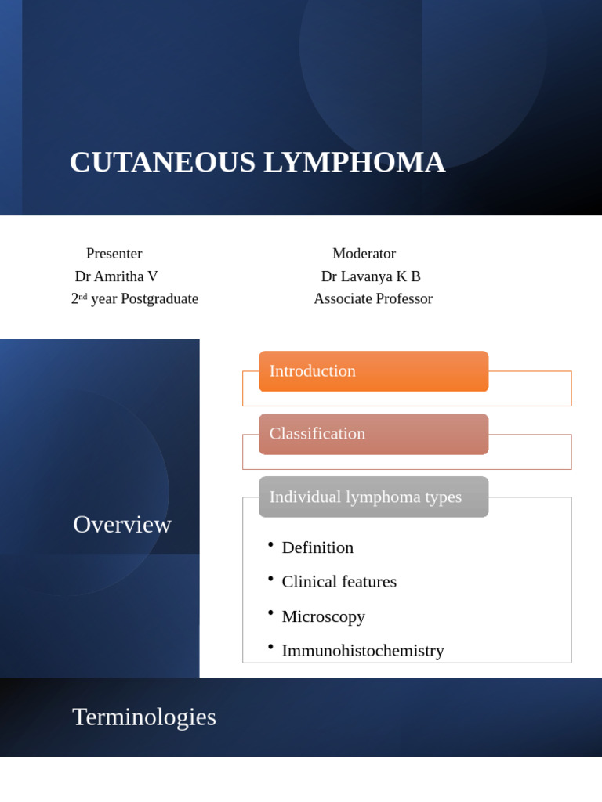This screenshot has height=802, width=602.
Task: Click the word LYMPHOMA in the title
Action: (x=354, y=162)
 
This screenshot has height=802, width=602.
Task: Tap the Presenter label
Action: (x=114, y=254)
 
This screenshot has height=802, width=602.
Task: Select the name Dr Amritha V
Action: (x=116, y=276)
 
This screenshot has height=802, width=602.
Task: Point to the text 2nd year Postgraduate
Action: (x=135, y=299)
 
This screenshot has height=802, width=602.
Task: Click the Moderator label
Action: (x=364, y=254)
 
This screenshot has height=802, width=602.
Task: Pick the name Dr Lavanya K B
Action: (x=371, y=276)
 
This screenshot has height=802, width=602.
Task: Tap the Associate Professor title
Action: (x=373, y=299)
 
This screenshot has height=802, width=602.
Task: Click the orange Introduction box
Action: (x=373, y=371)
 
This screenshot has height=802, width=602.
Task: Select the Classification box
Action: (x=373, y=434)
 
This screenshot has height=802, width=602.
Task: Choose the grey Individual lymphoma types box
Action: (x=373, y=497)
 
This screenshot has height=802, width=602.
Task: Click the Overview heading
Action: (x=122, y=524)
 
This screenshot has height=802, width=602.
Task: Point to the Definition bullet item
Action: (x=317, y=547)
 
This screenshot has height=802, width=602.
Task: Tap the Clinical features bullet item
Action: (x=339, y=582)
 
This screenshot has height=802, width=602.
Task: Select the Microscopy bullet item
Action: (x=323, y=616)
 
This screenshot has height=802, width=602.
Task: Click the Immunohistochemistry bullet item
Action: (x=362, y=651)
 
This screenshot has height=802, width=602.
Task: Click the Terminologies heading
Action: (x=144, y=717)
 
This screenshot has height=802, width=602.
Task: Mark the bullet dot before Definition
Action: (x=270, y=544)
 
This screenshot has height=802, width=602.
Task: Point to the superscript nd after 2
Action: (x=83, y=297)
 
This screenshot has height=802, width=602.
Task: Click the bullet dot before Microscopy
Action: (x=270, y=612)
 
